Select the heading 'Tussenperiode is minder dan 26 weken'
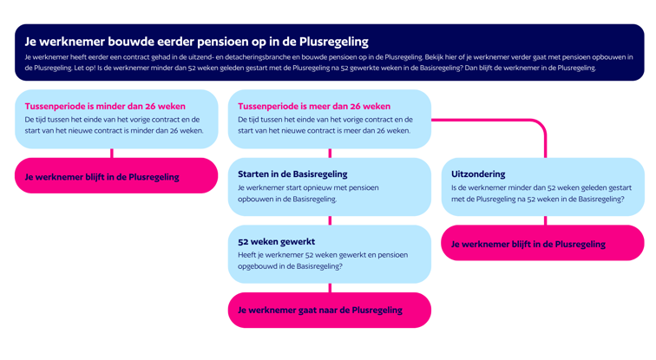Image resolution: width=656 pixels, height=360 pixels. [105, 106]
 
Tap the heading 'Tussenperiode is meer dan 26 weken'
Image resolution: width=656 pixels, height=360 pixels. [314, 106]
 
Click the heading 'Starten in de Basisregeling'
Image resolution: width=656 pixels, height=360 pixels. [292, 174]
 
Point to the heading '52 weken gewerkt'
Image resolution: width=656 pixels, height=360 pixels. [277, 242]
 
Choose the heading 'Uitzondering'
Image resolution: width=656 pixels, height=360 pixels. [478, 174]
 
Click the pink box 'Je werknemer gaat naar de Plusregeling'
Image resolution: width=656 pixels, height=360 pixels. [330, 311]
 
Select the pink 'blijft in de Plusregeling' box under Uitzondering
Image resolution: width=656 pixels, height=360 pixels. [542, 243]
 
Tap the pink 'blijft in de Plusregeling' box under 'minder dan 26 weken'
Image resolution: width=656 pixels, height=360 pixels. [116, 175]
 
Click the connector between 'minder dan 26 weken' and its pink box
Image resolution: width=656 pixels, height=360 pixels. [112, 153]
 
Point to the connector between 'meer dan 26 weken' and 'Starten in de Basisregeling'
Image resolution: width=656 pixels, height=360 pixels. [330, 153]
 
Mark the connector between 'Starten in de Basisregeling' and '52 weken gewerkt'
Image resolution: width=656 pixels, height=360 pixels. [330, 220]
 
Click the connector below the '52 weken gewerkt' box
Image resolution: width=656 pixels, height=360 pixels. [330, 288]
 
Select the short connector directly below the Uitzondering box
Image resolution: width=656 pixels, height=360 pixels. [546, 220]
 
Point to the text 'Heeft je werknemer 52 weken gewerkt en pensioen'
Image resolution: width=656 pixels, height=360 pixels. [323, 255]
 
